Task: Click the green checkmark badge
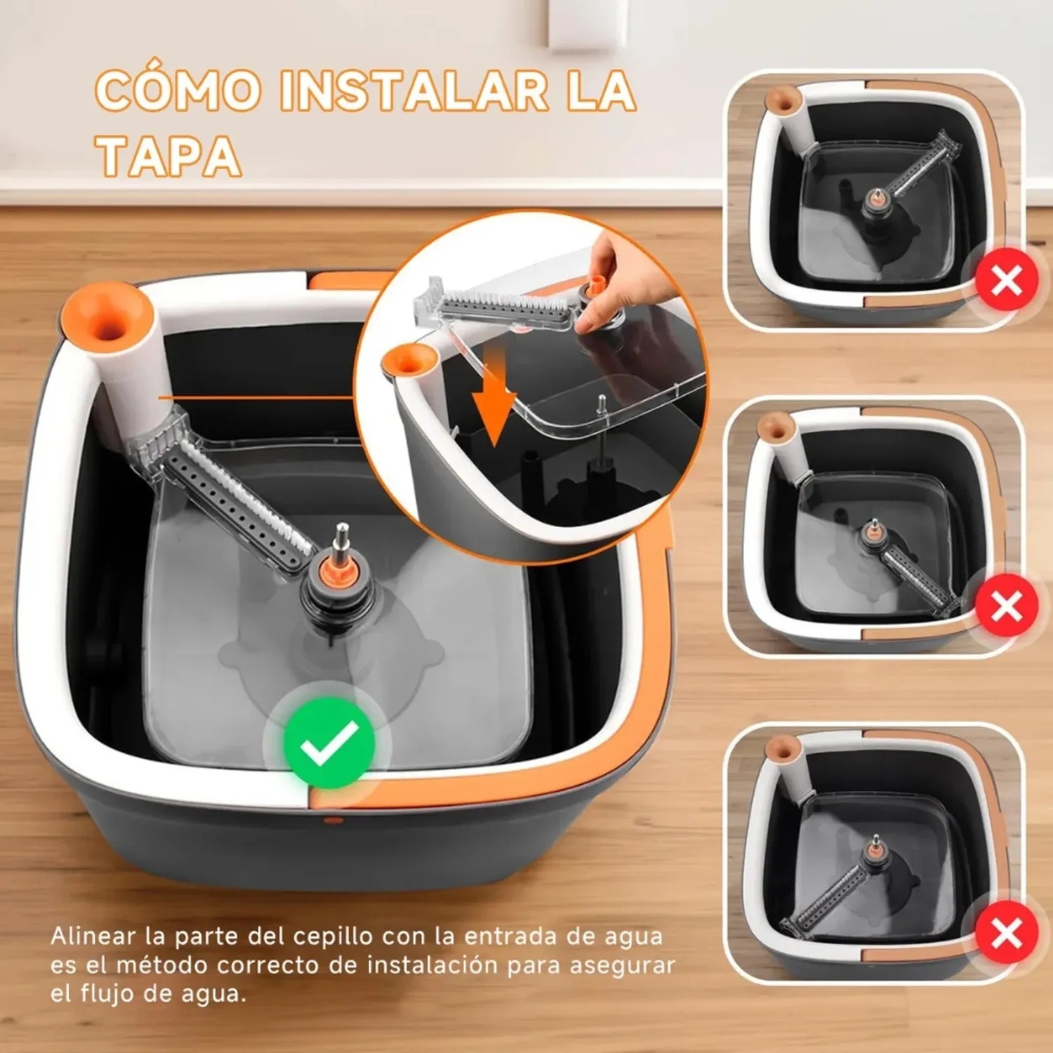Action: pyautogui.click(x=329, y=743)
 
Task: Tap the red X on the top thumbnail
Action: pyautogui.click(x=1007, y=281)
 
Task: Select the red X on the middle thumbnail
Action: pyautogui.click(x=1007, y=606)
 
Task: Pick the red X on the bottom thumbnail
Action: pyautogui.click(x=1007, y=933)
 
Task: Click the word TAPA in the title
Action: pyautogui.click(x=169, y=156)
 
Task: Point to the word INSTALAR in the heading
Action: pyautogui.click(x=414, y=91)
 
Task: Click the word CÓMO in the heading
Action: pyautogui.click(x=177, y=91)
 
